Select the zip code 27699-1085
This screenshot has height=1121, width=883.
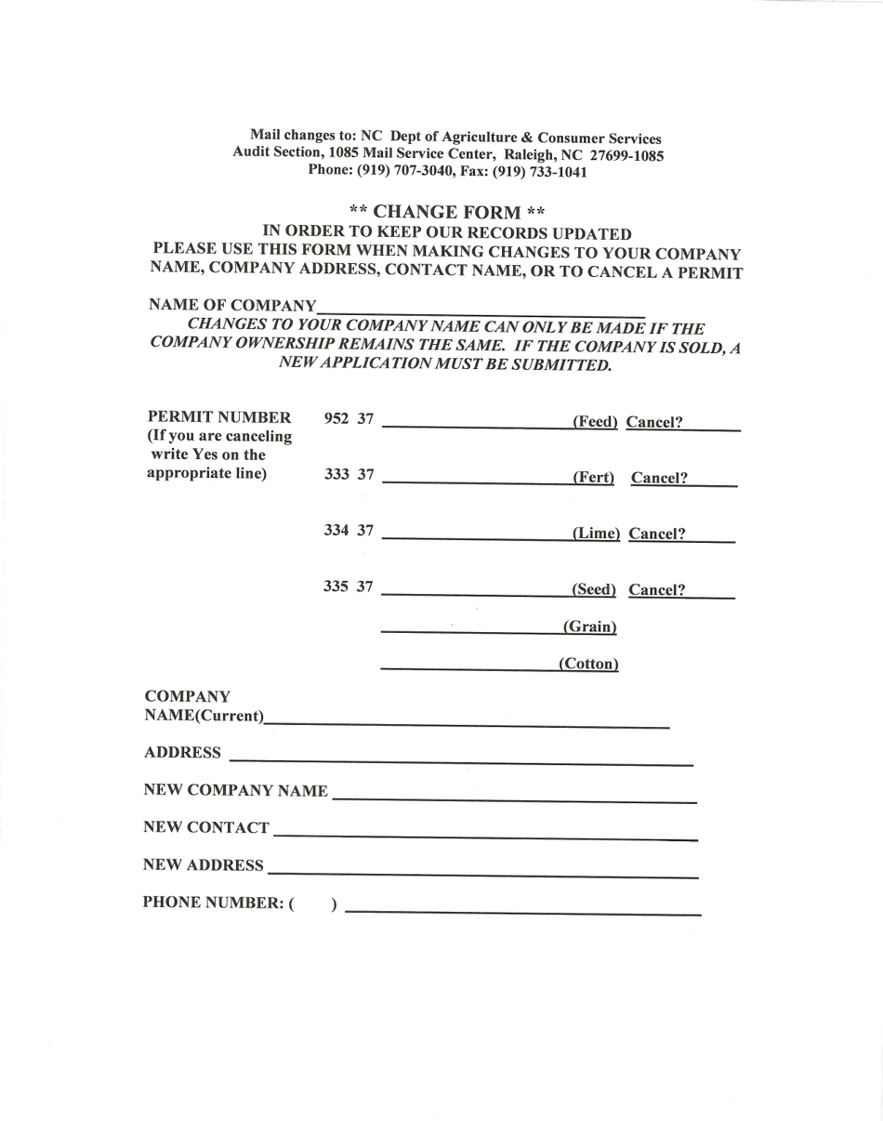pyautogui.click(x=626, y=156)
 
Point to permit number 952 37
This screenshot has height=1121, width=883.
pyautogui.click(x=349, y=419)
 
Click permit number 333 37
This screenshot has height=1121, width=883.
pyautogui.click(x=349, y=475)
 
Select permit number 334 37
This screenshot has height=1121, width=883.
pyautogui.click(x=349, y=531)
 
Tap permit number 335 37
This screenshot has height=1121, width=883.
pyautogui.click(x=349, y=587)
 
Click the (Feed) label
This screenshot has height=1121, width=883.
pyautogui.click(x=595, y=422)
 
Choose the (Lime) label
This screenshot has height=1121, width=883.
pyautogui.click(x=596, y=534)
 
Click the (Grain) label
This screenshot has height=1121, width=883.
pyautogui.click(x=590, y=626)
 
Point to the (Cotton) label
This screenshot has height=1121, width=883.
pyautogui.click(x=588, y=664)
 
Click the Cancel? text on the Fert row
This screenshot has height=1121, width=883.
pyautogui.click(x=659, y=478)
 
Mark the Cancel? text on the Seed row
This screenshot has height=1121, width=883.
pyautogui.click(x=657, y=589)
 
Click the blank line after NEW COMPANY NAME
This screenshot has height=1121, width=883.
pyautogui.click(x=514, y=798)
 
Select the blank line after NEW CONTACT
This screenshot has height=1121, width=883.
pyautogui.click(x=485, y=835)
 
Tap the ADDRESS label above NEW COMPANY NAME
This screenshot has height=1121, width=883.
pyautogui.click(x=183, y=752)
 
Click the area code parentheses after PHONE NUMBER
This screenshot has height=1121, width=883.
pyautogui.click(x=313, y=903)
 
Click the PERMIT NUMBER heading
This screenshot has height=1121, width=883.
pyautogui.click(x=219, y=417)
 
